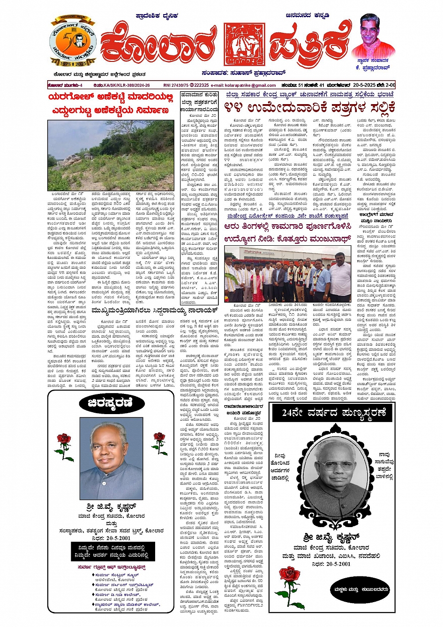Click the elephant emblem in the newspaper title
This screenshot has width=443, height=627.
(x=244, y=44)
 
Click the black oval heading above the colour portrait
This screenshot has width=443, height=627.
(x=111, y=403)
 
